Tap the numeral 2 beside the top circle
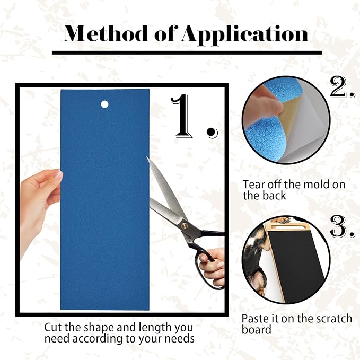(340, 88)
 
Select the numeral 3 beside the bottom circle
(341, 227)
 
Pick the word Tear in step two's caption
(253, 185)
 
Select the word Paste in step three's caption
(256, 319)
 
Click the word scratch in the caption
(332, 319)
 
